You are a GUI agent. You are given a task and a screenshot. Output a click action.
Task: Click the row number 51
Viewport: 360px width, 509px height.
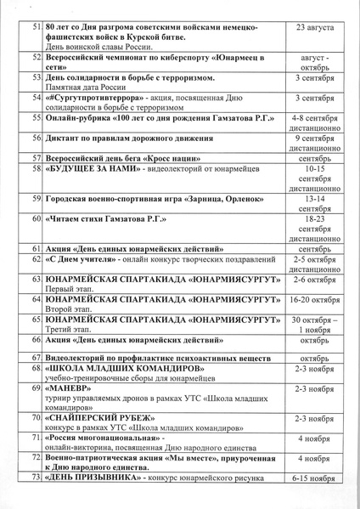point(36,28)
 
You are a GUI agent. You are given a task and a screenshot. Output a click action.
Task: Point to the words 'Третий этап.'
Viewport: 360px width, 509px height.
point(70,331)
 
